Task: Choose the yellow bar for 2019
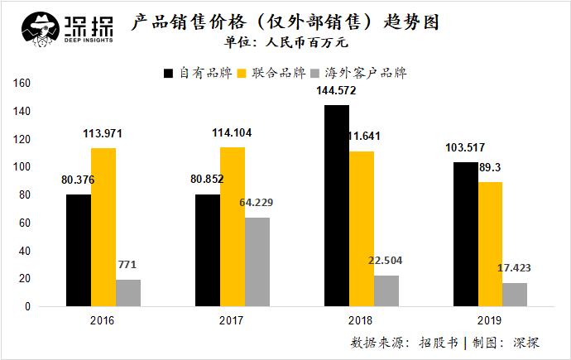click(x=490, y=244)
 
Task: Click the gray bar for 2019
click(x=515, y=295)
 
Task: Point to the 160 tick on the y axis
click(x=22, y=84)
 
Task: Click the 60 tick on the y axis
click(x=24, y=223)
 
